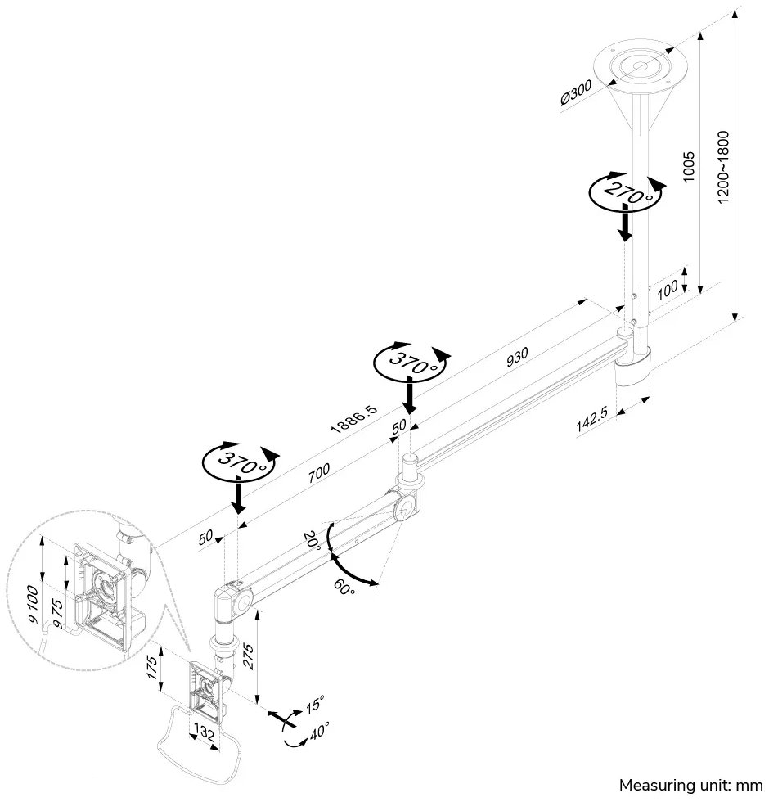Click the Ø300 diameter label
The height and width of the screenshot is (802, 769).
coord(576,94)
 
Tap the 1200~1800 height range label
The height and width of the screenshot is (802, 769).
coord(722,169)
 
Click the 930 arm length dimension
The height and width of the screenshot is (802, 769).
coord(517,357)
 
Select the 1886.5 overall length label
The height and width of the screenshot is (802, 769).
coord(353,417)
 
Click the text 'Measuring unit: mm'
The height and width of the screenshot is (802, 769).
coord(690,785)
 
